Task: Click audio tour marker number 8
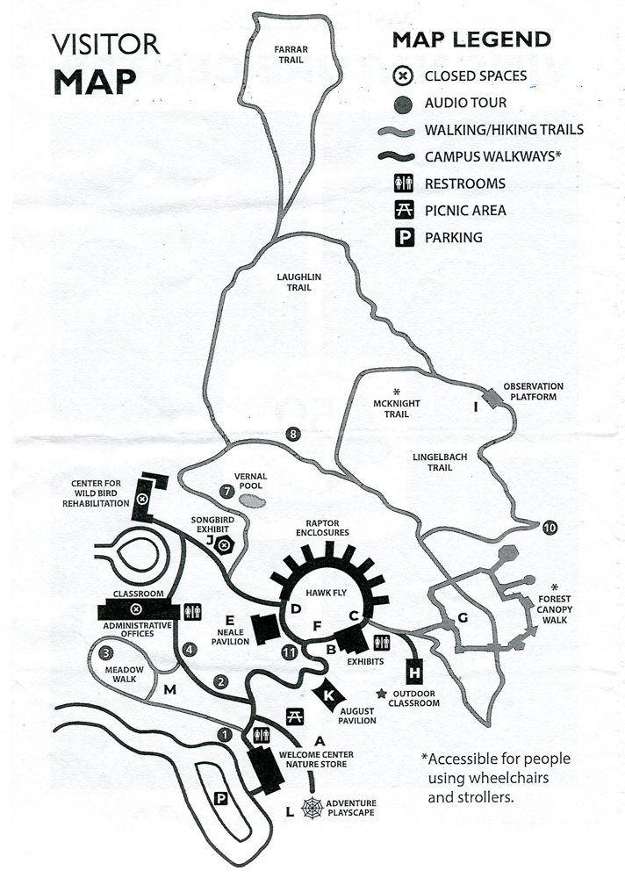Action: pyautogui.click(x=292, y=433)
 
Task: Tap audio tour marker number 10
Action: pyautogui.click(x=550, y=528)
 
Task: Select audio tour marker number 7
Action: pyautogui.click(x=227, y=492)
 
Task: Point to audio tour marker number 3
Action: pyautogui.click(x=105, y=652)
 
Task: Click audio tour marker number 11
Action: pyautogui.click(x=289, y=651)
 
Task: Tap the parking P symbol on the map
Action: pyautogui.click(x=221, y=797)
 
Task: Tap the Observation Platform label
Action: pyautogui.click(x=533, y=391)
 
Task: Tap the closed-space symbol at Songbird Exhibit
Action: pyautogui.click(x=225, y=545)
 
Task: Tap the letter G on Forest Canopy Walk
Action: pyautogui.click(x=463, y=617)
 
